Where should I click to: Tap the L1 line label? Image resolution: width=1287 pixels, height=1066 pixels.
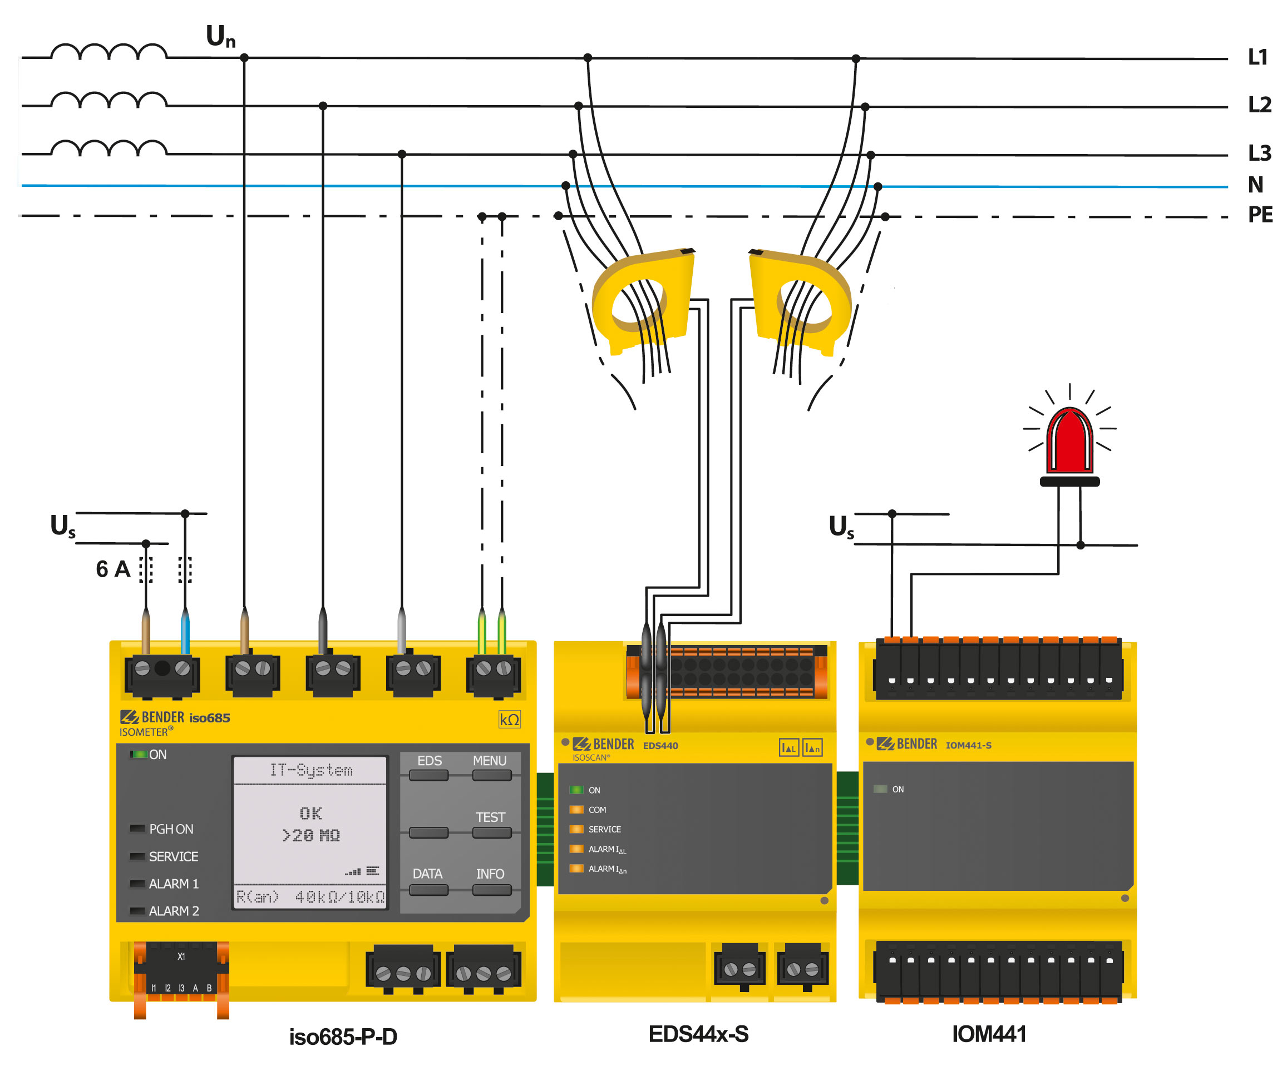(x=1258, y=57)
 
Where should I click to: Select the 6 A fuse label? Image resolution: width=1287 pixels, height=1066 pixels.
(x=114, y=569)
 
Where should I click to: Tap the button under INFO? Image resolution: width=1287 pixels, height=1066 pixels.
(x=491, y=890)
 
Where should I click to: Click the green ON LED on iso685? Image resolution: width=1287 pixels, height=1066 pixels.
(x=139, y=754)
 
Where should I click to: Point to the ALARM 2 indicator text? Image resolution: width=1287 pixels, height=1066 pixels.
(x=174, y=911)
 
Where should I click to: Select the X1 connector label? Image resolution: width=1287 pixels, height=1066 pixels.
(x=181, y=956)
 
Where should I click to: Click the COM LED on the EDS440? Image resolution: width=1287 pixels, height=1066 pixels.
(x=576, y=809)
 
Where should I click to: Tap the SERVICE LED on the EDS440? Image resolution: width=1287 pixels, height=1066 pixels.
(x=576, y=829)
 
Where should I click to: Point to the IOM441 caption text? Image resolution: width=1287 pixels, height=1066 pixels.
(x=989, y=1034)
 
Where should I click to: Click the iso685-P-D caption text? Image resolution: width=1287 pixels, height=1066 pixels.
(x=343, y=1037)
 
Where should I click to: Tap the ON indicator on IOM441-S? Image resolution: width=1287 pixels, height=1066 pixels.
(x=880, y=789)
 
